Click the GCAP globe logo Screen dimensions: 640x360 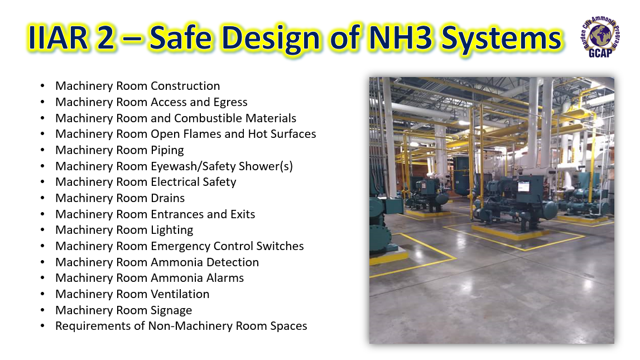click(x=600, y=37)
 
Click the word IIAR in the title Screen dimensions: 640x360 click(x=59, y=37)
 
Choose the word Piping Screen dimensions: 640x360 click(x=167, y=150)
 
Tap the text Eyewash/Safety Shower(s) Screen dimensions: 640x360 click(x=222, y=166)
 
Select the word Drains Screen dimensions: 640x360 click(x=168, y=198)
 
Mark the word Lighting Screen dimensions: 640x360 click(x=172, y=230)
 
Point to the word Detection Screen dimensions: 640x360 click(x=233, y=262)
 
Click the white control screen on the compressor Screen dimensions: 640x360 click(x=524, y=186)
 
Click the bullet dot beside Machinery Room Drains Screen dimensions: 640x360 click(x=42, y=198)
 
